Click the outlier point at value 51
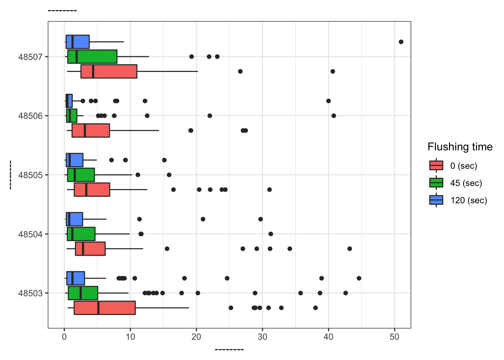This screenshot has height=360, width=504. pos(401,42)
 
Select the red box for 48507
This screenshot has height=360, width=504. pos(109,71)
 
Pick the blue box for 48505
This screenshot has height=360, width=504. pos(75,160)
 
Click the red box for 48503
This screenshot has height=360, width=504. pos(105,308)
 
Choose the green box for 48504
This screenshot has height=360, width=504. pos(81,234)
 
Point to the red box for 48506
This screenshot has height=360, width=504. pos(91,130)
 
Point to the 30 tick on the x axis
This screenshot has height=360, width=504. pos(262,337)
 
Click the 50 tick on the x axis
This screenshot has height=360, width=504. pos(394,337)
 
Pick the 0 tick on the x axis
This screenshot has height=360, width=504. pos(64,337)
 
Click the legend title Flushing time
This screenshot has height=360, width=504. pos(460,147)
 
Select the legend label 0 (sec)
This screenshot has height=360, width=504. pos(463,166)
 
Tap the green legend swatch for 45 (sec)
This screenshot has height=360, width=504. pos(436,183)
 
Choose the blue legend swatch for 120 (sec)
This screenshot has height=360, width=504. pos(436,200)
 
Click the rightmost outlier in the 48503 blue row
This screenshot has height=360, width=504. pos(359,278)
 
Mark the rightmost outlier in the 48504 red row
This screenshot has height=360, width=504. pos(349,249)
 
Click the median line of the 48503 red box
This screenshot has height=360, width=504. pos(98,308)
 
